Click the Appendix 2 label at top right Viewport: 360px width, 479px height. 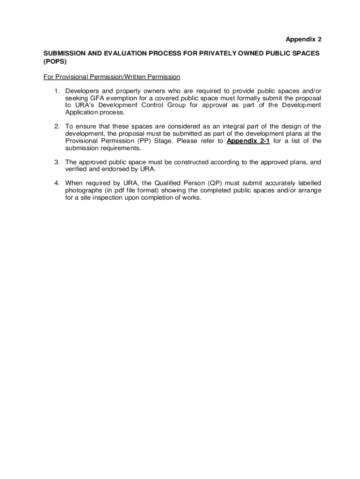(x=303, y=39)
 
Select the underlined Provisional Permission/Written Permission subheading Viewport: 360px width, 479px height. (x=112, y=77)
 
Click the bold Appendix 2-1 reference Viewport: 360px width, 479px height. (x=248, y=141)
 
